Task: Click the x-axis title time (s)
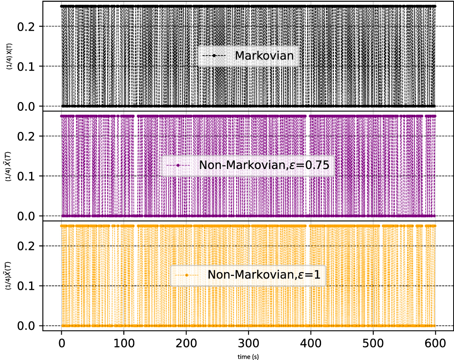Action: point(248,356)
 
